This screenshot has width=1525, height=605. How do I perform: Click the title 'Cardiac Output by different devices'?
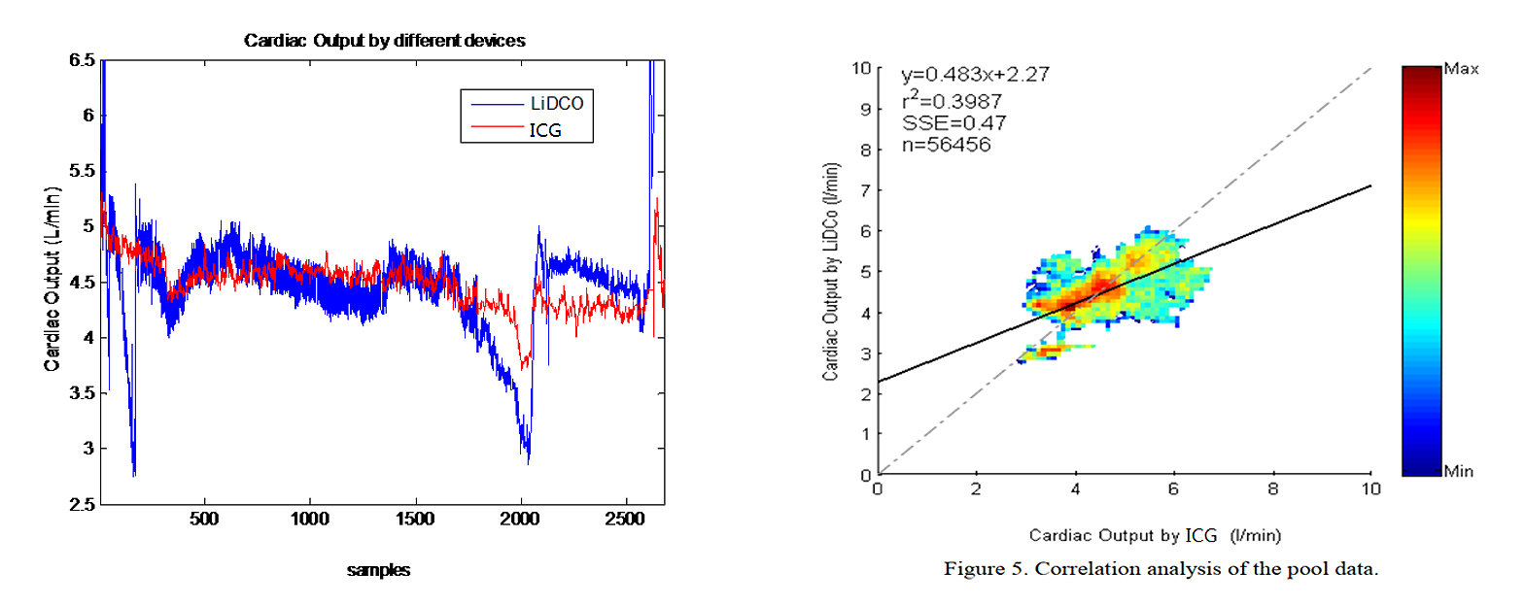point(384,41)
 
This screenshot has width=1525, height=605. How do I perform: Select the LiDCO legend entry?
point(556,104)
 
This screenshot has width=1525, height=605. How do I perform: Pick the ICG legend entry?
point(545,130)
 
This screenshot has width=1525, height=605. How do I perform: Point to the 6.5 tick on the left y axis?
point(82,60)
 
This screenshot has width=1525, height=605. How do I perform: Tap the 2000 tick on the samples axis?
point(519,519)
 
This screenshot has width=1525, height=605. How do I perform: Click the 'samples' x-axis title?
point(378,570)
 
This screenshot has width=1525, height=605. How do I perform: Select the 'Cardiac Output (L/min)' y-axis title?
point(52,279)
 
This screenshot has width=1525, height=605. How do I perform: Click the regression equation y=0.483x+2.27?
point(975,75)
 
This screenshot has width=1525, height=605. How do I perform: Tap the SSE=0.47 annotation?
point(953,123)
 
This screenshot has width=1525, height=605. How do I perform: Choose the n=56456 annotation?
point(946,146)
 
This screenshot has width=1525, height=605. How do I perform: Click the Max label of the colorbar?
point(1461,69)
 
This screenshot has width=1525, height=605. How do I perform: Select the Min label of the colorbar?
point(1458,472)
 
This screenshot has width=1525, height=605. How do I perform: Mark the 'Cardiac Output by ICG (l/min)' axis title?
point(1155,535)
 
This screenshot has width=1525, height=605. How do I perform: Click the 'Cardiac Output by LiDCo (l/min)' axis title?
point(830,272)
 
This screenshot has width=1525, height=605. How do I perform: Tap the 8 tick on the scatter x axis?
point(1272,489)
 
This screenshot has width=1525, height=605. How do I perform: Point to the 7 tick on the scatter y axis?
point(865,190)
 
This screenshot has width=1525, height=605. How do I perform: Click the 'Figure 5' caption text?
point(1161,569)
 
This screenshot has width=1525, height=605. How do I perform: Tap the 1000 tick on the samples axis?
point(309,519)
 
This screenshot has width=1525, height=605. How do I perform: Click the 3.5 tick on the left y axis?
point(82,393)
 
